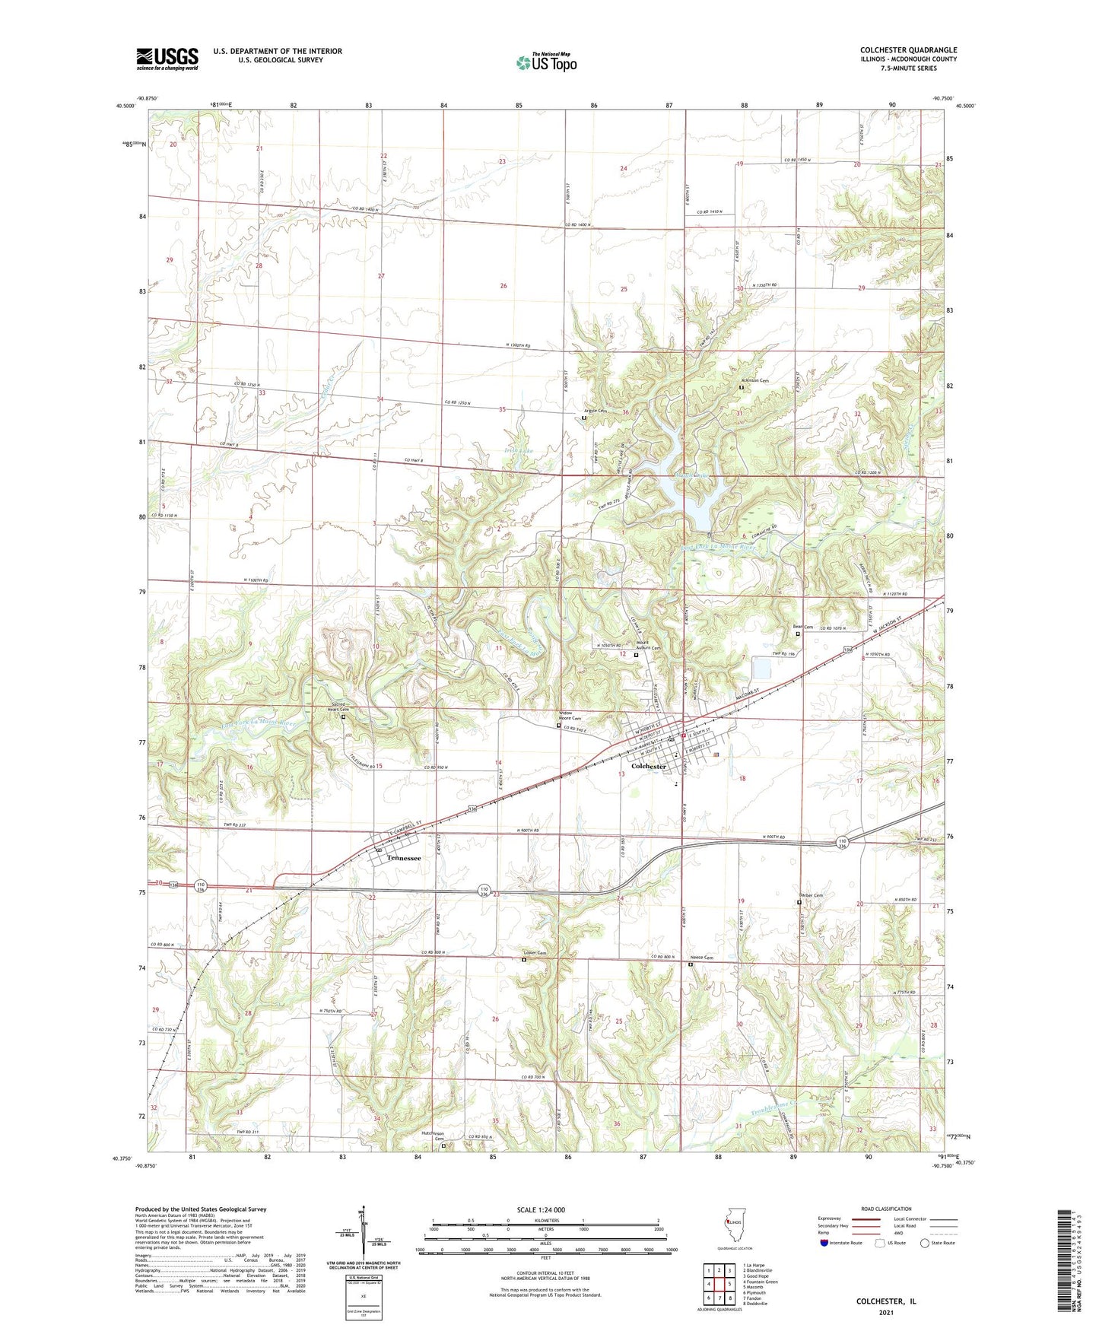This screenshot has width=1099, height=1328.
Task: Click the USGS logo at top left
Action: coord(167,59)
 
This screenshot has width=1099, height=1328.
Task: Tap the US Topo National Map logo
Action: coord(546,62)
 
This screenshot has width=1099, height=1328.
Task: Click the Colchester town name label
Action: coord(648,766)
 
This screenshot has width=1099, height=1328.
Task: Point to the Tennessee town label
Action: coord(403,857)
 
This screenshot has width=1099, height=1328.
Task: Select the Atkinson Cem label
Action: coord(754,380)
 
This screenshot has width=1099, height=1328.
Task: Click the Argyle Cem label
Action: coord(596,411)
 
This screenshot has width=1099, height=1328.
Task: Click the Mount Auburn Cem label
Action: coord(648,645)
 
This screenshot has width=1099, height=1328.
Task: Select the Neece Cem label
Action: coord(702,958)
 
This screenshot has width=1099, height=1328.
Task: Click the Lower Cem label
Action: coord(535,953)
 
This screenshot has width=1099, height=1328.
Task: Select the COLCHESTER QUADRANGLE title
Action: coord(908,49)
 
